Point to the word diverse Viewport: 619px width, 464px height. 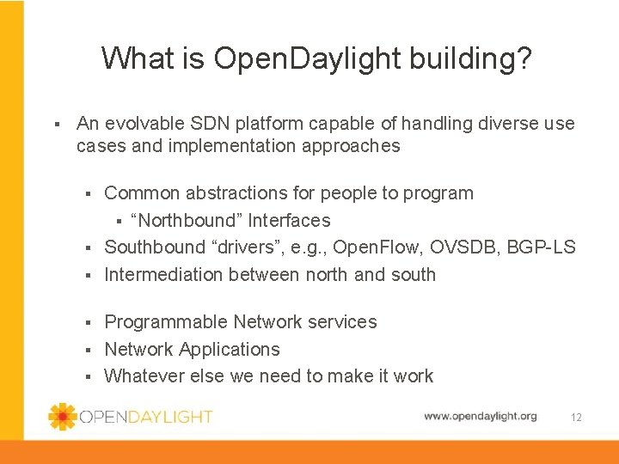(x=506, y=124)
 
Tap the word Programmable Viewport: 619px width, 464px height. (x=166, y=322)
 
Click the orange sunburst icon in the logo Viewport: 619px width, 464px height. (x=63, y=417)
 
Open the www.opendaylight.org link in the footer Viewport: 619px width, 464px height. (x=480, y=417)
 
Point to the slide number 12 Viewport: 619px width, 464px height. (x=576, y=418)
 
